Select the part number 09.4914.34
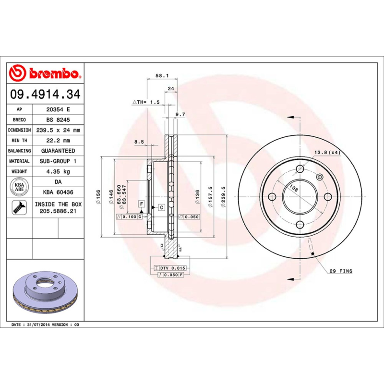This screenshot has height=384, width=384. click(x=45, y=95)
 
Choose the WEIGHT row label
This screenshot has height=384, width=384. click(x=20, y=171)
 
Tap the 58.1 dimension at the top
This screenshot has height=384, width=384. click(x=161, y=76)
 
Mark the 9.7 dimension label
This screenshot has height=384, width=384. click(x=180, y=114)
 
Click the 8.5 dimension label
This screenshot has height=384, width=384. click(x=139, y=141)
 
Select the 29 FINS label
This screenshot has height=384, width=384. click(x=341, y=271)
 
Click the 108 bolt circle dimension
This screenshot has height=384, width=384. click(x=294, y=189)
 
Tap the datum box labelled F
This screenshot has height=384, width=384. click(x=142, y=204)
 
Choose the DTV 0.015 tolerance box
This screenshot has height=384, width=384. click(x=172, y=268)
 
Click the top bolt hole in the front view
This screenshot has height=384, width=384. click(x=300, y=168)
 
